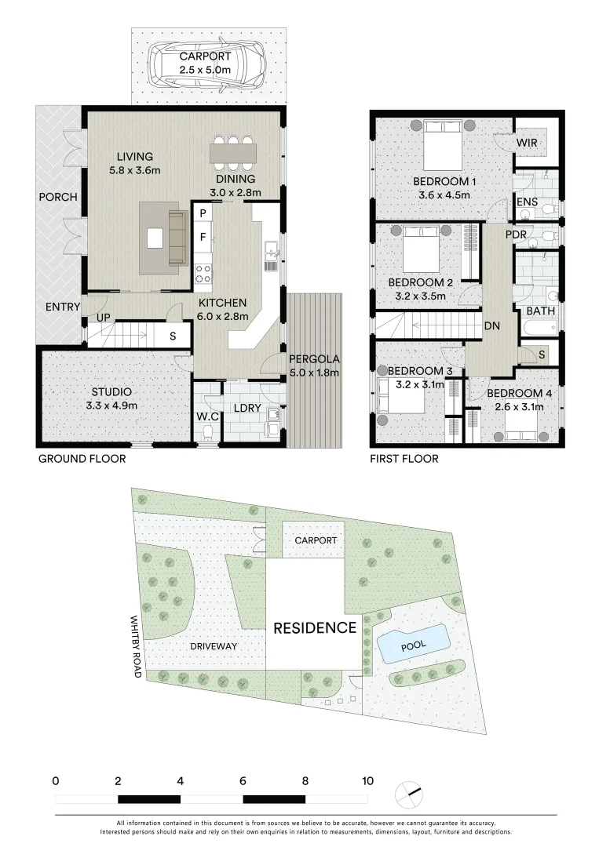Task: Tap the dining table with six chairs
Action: click(x=233, y=151)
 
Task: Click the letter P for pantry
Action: click(x=203, y=213)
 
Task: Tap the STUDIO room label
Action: click(x=111, y=391)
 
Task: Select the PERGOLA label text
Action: click(x=314, y=359)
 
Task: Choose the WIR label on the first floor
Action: click(x=526, y=143)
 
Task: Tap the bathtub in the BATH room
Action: click(x=537, y=325)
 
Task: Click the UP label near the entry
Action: click(x=103, y=317)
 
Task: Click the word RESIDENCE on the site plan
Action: click(x=314, y=627)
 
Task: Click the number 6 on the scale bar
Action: click(x=243, y=781)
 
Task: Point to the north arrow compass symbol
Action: click(x=409, y=791)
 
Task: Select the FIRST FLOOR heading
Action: click(x=404, y=459)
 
